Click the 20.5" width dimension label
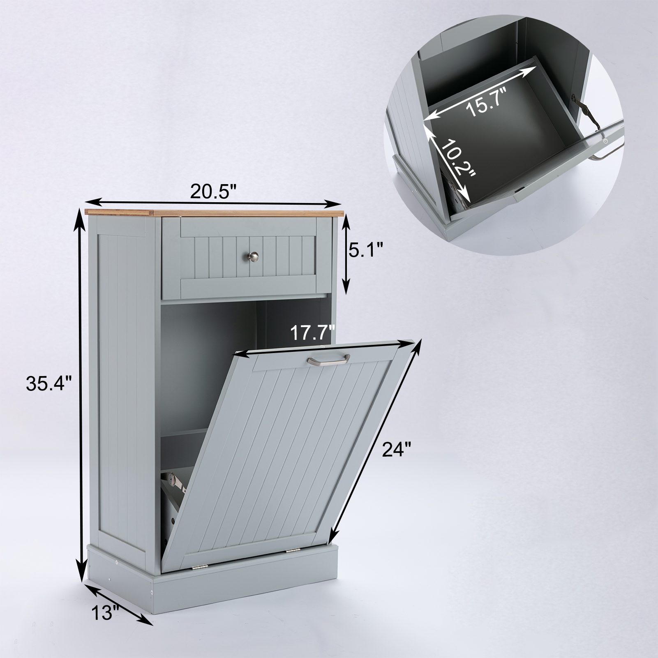[214, 191]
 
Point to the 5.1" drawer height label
[366, 249]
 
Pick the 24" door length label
[396, 449]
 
